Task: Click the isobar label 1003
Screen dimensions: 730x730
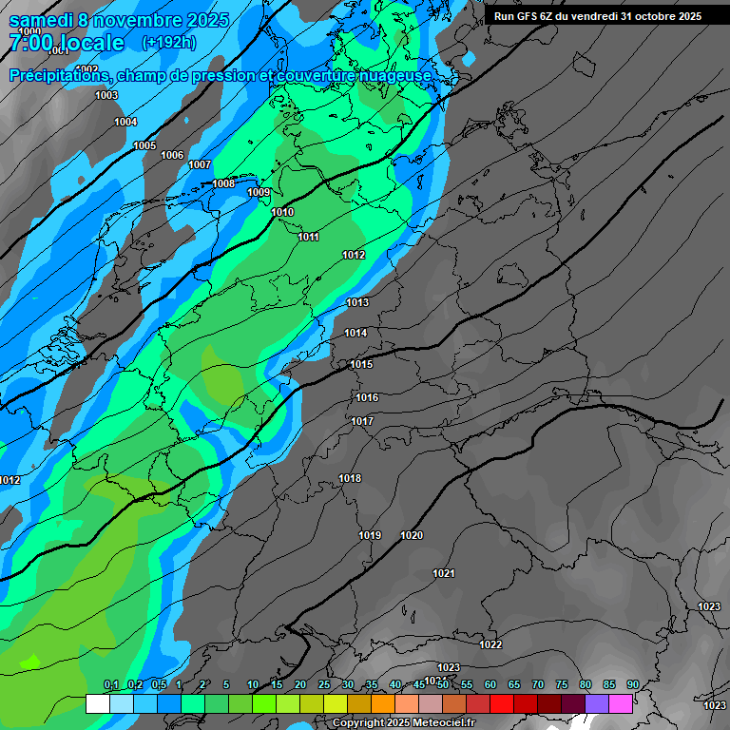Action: click(106, 95)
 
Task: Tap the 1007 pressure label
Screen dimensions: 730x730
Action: click(200, 164)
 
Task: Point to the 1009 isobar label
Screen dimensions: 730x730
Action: click(259, 193)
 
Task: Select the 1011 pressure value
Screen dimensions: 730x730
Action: click(308, 237)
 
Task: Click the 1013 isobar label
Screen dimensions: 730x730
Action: click(357, 302)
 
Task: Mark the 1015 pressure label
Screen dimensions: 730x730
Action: click(361, 365)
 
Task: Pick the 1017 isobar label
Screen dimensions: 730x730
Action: click(362, 421)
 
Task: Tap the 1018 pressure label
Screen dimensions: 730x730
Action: click(350, 478)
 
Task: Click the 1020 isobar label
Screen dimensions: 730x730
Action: click(412, 536)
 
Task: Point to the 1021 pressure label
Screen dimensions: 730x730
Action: click(444, 573)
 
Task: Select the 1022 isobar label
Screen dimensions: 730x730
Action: click(490, 644)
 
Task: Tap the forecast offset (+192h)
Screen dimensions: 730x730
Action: click(168, 43)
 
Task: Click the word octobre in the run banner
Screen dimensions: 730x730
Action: click(653, 16)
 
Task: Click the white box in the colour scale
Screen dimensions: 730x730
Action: click(97, 703)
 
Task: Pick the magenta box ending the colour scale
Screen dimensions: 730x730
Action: click(621, 703)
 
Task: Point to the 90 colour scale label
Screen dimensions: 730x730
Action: click(633, 685)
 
